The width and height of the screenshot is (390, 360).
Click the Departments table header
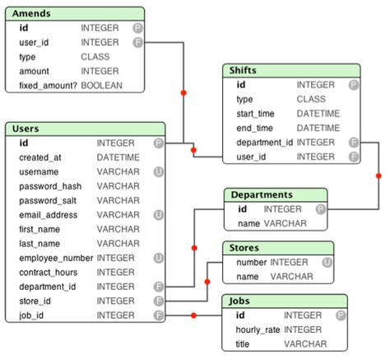point(262,195)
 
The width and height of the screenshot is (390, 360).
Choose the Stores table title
point(245,248)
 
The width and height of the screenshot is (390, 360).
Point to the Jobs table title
point(241,301)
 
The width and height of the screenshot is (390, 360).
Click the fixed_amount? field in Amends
point(47,85)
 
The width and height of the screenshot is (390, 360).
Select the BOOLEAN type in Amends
point(102,85)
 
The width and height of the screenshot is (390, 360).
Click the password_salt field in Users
point(48,200)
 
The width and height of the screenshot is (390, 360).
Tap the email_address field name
point(49,215)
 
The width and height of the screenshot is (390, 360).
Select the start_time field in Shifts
point(256,114)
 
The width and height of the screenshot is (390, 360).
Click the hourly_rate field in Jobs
point(258,330)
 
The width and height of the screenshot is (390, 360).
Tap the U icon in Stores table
point(327,262)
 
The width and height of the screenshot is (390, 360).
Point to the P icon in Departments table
point(320,209)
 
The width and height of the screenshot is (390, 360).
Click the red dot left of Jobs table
point(193,315)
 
